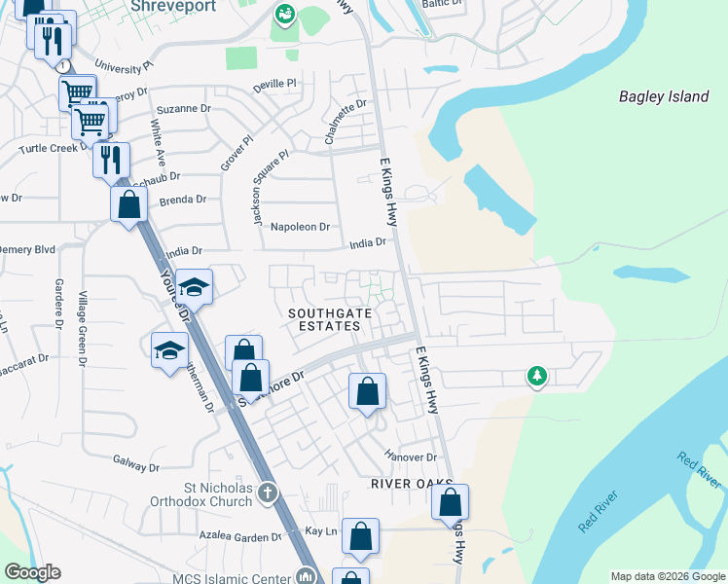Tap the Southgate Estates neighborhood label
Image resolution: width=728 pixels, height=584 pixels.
coord(324,319)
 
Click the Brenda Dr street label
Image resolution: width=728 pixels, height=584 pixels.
coord(183,200)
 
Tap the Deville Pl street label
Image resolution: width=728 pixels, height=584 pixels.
coord(276,85)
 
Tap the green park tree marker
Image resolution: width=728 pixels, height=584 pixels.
coord(536,375)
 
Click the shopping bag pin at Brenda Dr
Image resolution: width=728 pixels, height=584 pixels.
coord(128,204)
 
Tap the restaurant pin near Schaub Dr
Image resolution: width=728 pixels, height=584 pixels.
coord(111,158)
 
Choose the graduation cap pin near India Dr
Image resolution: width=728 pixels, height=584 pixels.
coord(195,286)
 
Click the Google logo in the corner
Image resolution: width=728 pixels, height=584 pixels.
coord(32,572)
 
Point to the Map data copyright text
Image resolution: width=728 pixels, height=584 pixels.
coord(667,576)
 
